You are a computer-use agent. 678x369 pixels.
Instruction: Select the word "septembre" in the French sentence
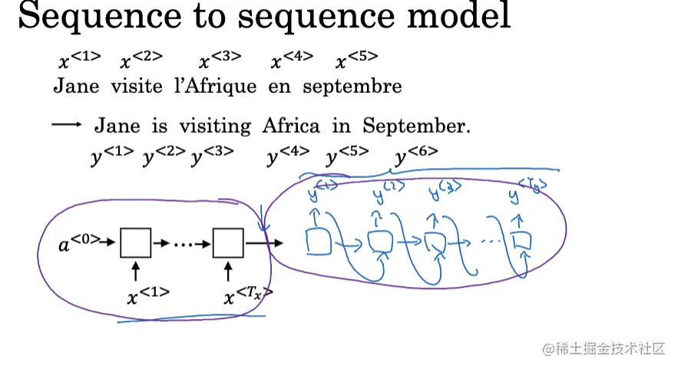352,87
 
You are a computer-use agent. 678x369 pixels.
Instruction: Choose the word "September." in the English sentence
417,126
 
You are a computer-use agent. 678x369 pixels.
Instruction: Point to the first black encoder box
136,243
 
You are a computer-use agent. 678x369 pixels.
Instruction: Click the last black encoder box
228,243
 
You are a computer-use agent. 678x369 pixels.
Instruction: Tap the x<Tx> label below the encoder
247,295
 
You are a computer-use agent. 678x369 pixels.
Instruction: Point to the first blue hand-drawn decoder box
318,241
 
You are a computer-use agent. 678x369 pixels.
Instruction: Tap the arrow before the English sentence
67,125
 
